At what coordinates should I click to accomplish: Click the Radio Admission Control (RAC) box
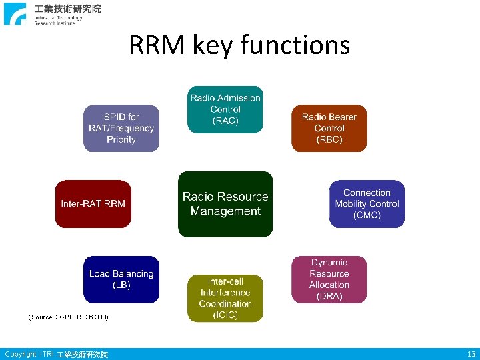coord(225,109)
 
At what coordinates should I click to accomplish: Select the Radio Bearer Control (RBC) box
coord(329,128)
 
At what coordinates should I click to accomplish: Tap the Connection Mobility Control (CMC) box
coord(367,203)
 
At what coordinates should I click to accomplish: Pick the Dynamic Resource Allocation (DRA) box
coord(329,279)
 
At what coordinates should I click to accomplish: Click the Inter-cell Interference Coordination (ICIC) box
coord(225,298)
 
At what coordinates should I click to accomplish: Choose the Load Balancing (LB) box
coord(121,279)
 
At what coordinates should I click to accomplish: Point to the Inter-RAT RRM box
coord(93,203)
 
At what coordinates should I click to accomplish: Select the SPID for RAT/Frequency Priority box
coord(121,128)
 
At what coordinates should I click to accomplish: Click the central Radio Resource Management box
coord(225,204)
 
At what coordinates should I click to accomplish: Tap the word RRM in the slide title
coord(157,45)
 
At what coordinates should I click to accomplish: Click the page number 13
coord(471,354)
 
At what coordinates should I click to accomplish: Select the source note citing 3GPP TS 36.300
coord(68,317)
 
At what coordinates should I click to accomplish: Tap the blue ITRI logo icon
coord(15,13)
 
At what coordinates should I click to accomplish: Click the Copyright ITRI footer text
coord(56,354)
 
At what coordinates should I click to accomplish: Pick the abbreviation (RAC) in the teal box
coord(225,121)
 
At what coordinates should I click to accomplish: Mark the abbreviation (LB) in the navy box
coord(121,285)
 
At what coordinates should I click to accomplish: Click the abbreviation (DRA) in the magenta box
coord(329,296)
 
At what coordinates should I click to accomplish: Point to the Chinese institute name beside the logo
coord(68,9)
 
